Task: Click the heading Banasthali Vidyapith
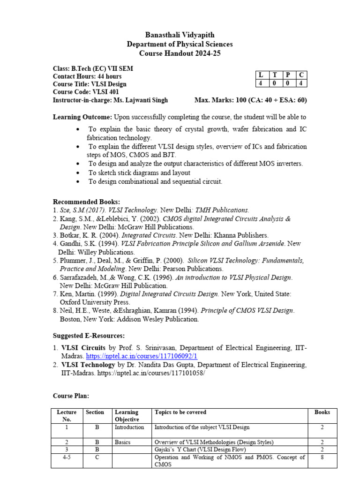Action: click(180, 35)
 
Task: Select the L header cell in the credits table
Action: click(261, 75)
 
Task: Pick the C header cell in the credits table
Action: click(301, 75)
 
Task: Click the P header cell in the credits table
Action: click(288, 75)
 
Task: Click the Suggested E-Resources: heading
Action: click(89, 336)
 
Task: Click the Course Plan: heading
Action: click(71, 396)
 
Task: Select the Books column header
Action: click(322, 412)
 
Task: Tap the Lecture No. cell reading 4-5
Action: click(67, 457)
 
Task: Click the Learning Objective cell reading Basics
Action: click(123, 442)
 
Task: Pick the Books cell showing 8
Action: click(322, 457)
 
